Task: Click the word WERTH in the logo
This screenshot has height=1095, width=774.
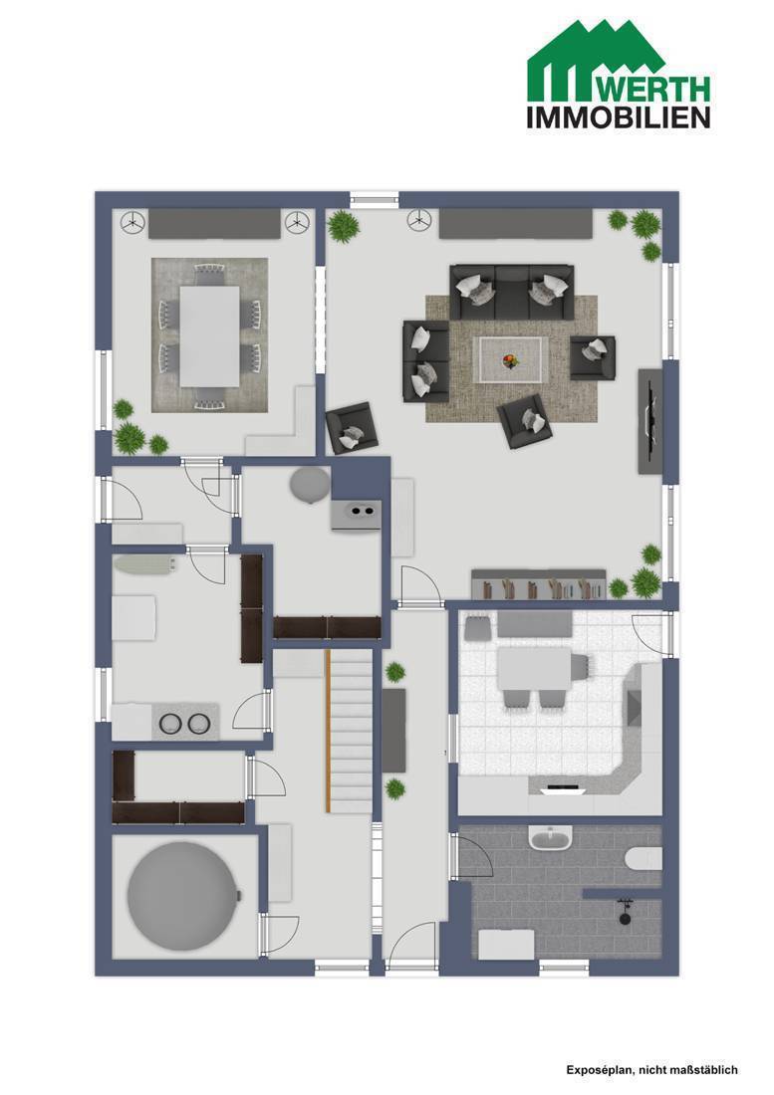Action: [x=655, y=89]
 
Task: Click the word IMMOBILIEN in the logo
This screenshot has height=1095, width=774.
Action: [x=619, y=117]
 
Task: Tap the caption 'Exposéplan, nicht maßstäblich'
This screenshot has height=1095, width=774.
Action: [x=651, y=1069]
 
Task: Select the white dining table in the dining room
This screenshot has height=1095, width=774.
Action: [x=209, y=335]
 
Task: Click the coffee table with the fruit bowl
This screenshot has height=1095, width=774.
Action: [x=511, y=359]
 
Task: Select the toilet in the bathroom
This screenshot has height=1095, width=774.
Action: [x=644, y=858]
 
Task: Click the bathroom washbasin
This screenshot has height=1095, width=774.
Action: [x=551, y=836]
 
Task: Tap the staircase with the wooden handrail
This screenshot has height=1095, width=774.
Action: [x=349, y=732]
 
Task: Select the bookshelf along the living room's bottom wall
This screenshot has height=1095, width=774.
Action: [x=539, y=584]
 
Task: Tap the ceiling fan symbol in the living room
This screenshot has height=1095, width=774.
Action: [x=418, y=222]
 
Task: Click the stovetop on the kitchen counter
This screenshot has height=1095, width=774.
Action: [x=563, y=788]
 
